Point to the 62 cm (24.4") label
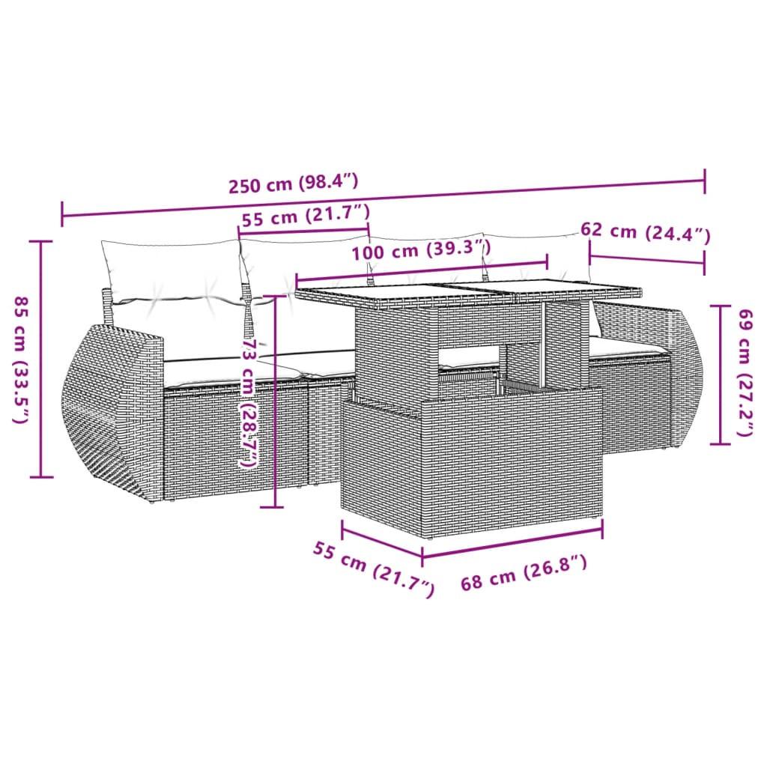[x=645, y=233]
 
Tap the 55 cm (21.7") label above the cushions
[x=306, y=217]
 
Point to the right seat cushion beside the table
[x=625, y=345]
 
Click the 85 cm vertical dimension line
[x=40, y=360]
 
